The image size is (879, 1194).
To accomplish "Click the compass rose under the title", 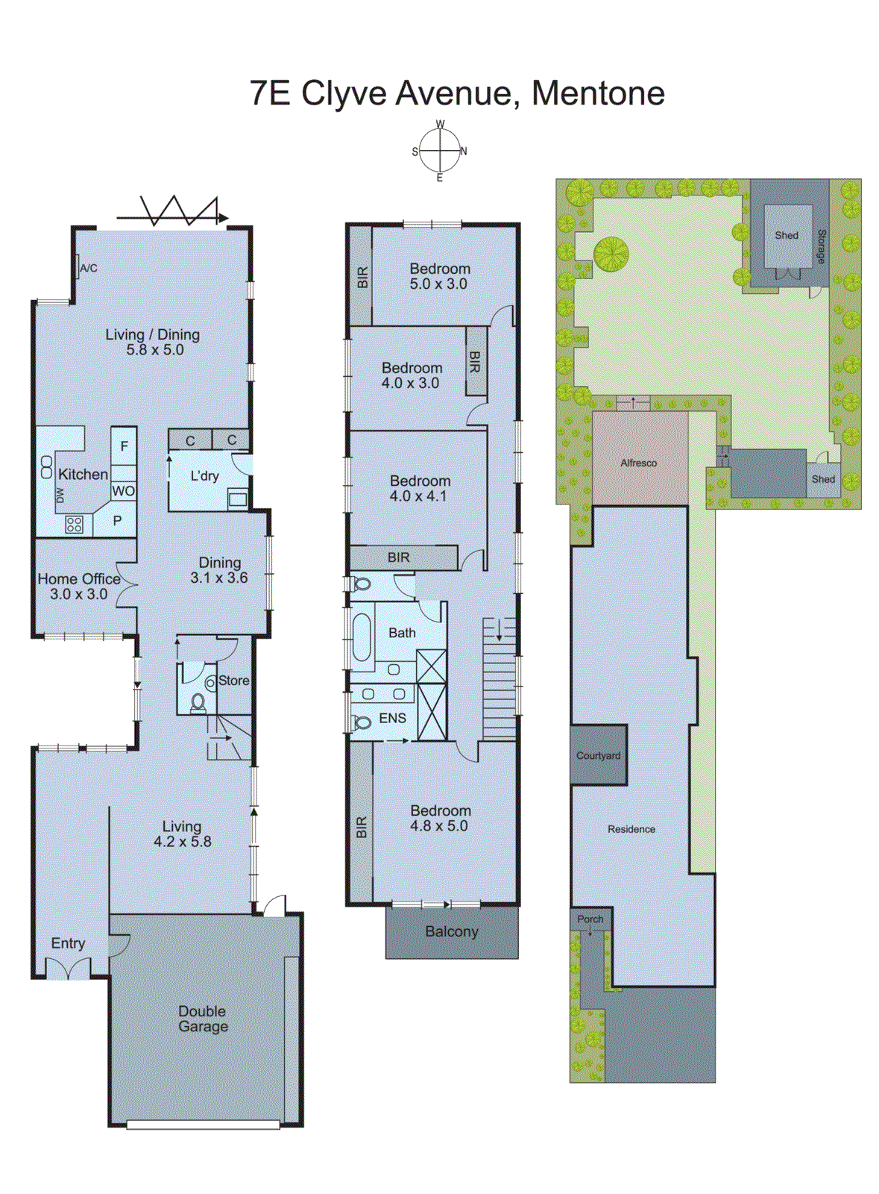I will [440, 151].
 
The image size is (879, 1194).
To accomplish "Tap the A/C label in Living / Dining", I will [88, 268].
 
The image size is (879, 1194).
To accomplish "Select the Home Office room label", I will [79, 579].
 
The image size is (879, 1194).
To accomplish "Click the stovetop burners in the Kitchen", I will [74, 525].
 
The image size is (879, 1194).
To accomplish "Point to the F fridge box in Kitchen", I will [124, 446].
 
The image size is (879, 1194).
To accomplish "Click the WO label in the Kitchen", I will [123, 491].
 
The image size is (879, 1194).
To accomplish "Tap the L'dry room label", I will [204, 476].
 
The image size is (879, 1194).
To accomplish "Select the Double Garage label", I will [203, 1019].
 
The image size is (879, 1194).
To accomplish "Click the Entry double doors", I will [68, 969].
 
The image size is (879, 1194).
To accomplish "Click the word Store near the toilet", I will [233, 681].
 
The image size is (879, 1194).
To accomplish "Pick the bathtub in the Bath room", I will [362, 637].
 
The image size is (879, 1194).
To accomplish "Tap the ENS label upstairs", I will [392, 718].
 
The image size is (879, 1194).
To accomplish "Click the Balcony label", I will [452, 931].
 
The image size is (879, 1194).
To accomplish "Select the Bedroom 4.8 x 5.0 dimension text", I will [439, 826].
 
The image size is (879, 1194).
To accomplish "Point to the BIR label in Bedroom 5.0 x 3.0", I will [362, 278].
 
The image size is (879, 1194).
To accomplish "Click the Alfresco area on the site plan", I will [639, 463].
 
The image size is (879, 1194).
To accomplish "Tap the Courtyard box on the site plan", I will [598, 755].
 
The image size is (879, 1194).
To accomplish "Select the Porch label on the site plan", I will [590, 919].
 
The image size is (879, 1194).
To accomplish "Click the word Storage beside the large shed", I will [821, 246].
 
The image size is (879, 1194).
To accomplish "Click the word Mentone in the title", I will [598, 93].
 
